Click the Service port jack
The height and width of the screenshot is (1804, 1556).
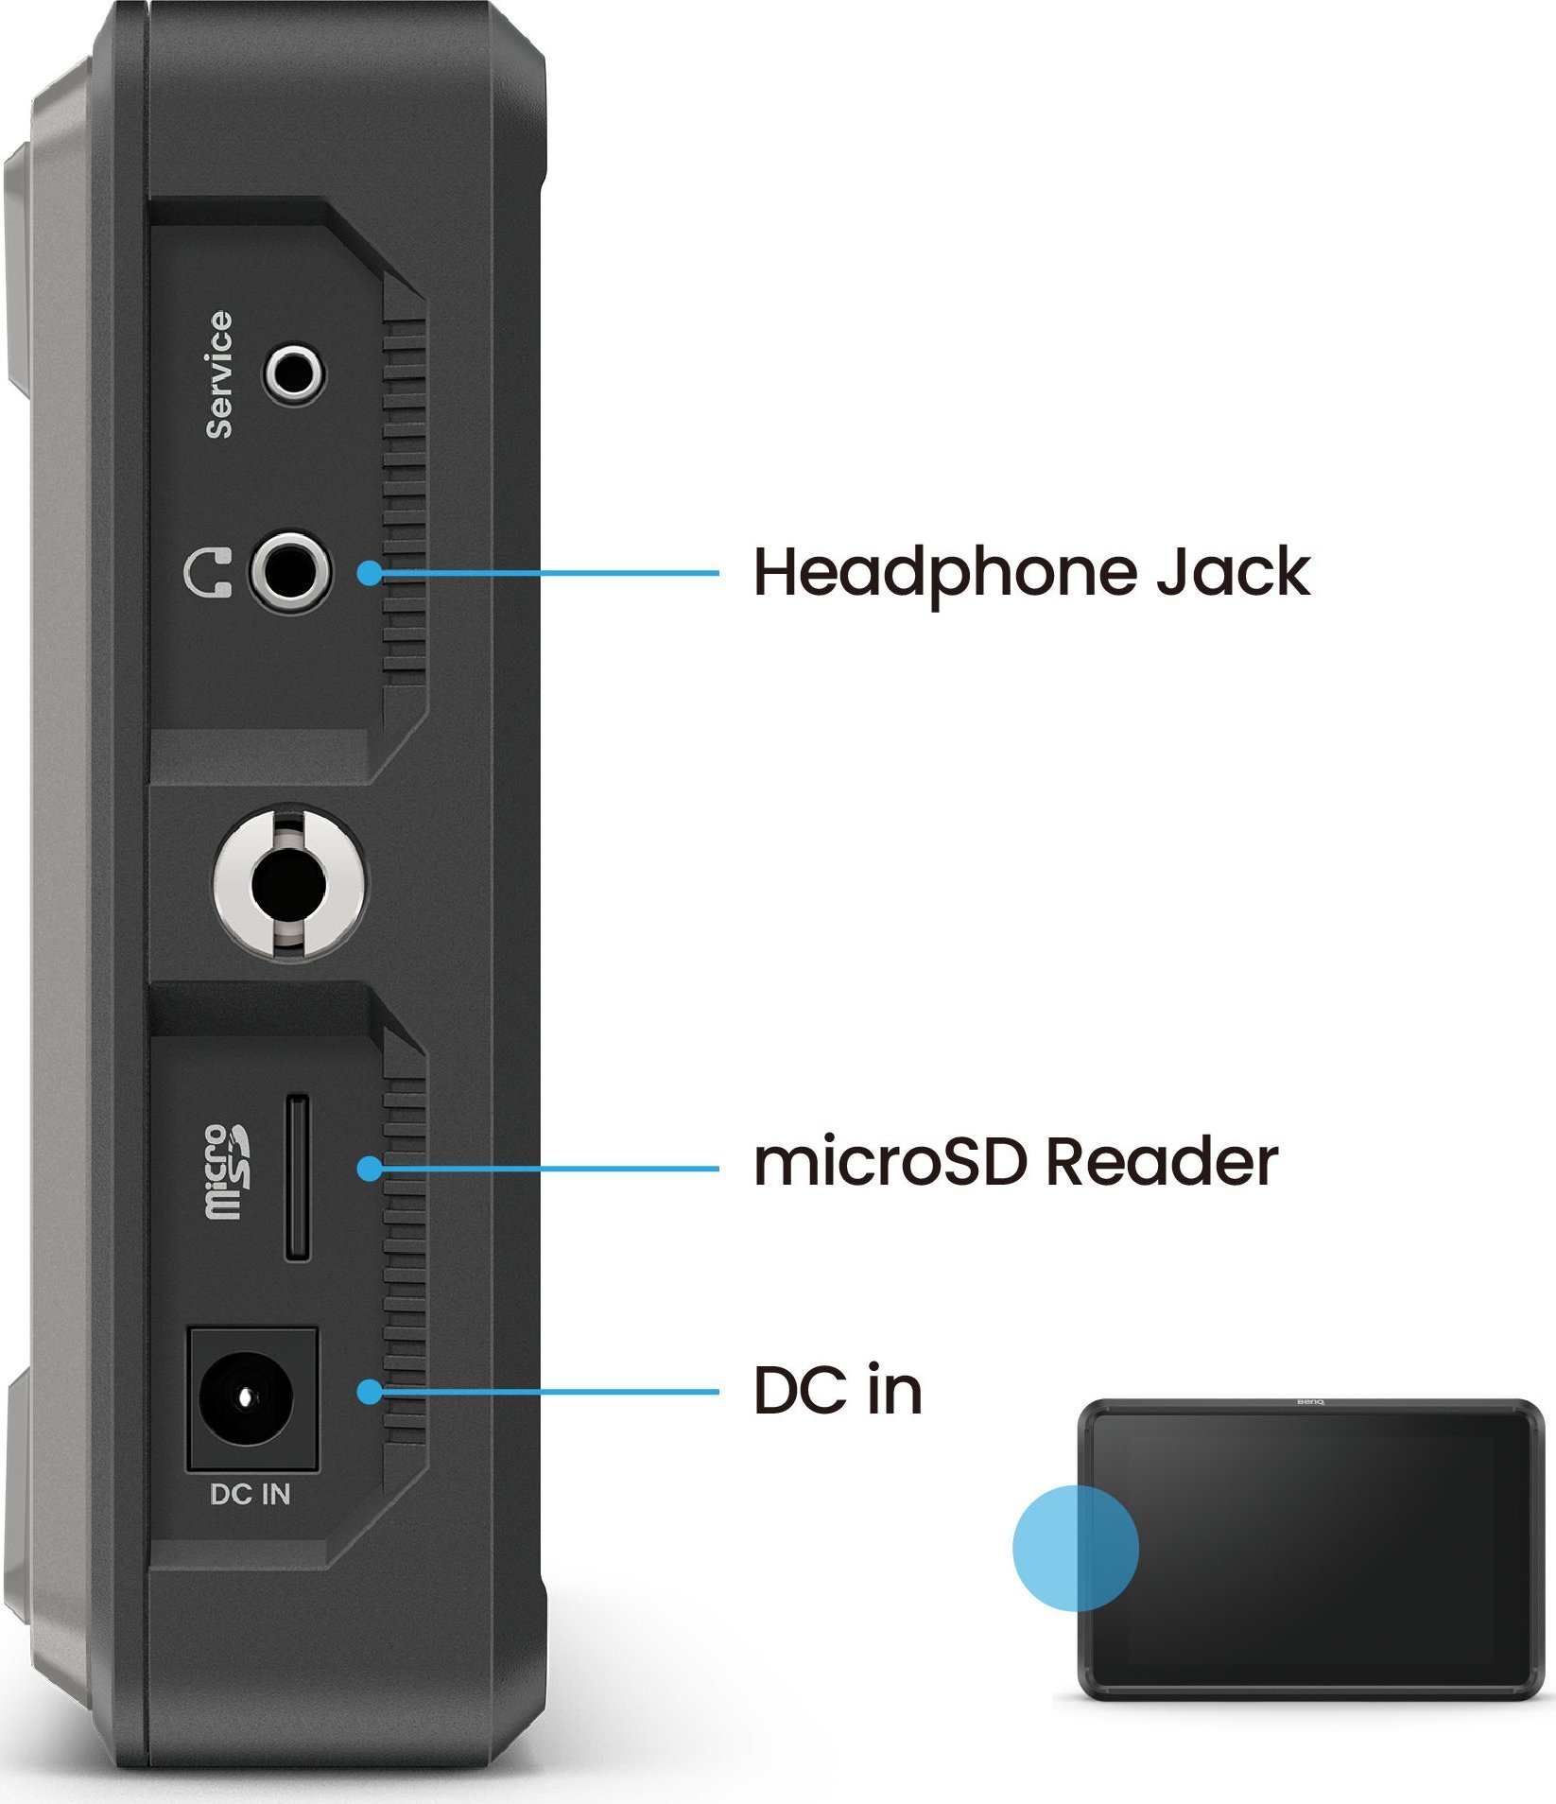(294, 373)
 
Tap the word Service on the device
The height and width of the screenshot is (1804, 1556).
(219, 374)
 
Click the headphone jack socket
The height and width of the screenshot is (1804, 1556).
(290, 572)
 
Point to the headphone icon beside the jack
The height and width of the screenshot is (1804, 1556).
(207, 572)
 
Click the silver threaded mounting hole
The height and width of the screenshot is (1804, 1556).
(287, 886)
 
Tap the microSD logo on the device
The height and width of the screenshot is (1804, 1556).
(227, 1171)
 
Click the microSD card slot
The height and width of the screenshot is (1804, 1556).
(297, 1177)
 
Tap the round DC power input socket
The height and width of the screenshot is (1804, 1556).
(245, 1396)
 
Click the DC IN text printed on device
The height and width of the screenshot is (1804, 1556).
(250, 1495)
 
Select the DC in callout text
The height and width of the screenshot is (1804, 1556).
(837, 1391)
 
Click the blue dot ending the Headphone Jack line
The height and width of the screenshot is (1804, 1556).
(370, 572)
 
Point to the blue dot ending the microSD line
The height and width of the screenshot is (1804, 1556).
(370, 1169)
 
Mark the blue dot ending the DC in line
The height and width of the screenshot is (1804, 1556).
(370, 1392)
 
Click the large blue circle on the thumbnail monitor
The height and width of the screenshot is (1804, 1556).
(1075, 1548)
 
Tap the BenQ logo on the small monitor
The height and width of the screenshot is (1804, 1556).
(1309, 1402)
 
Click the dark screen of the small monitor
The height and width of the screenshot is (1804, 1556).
(1323, 1551)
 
